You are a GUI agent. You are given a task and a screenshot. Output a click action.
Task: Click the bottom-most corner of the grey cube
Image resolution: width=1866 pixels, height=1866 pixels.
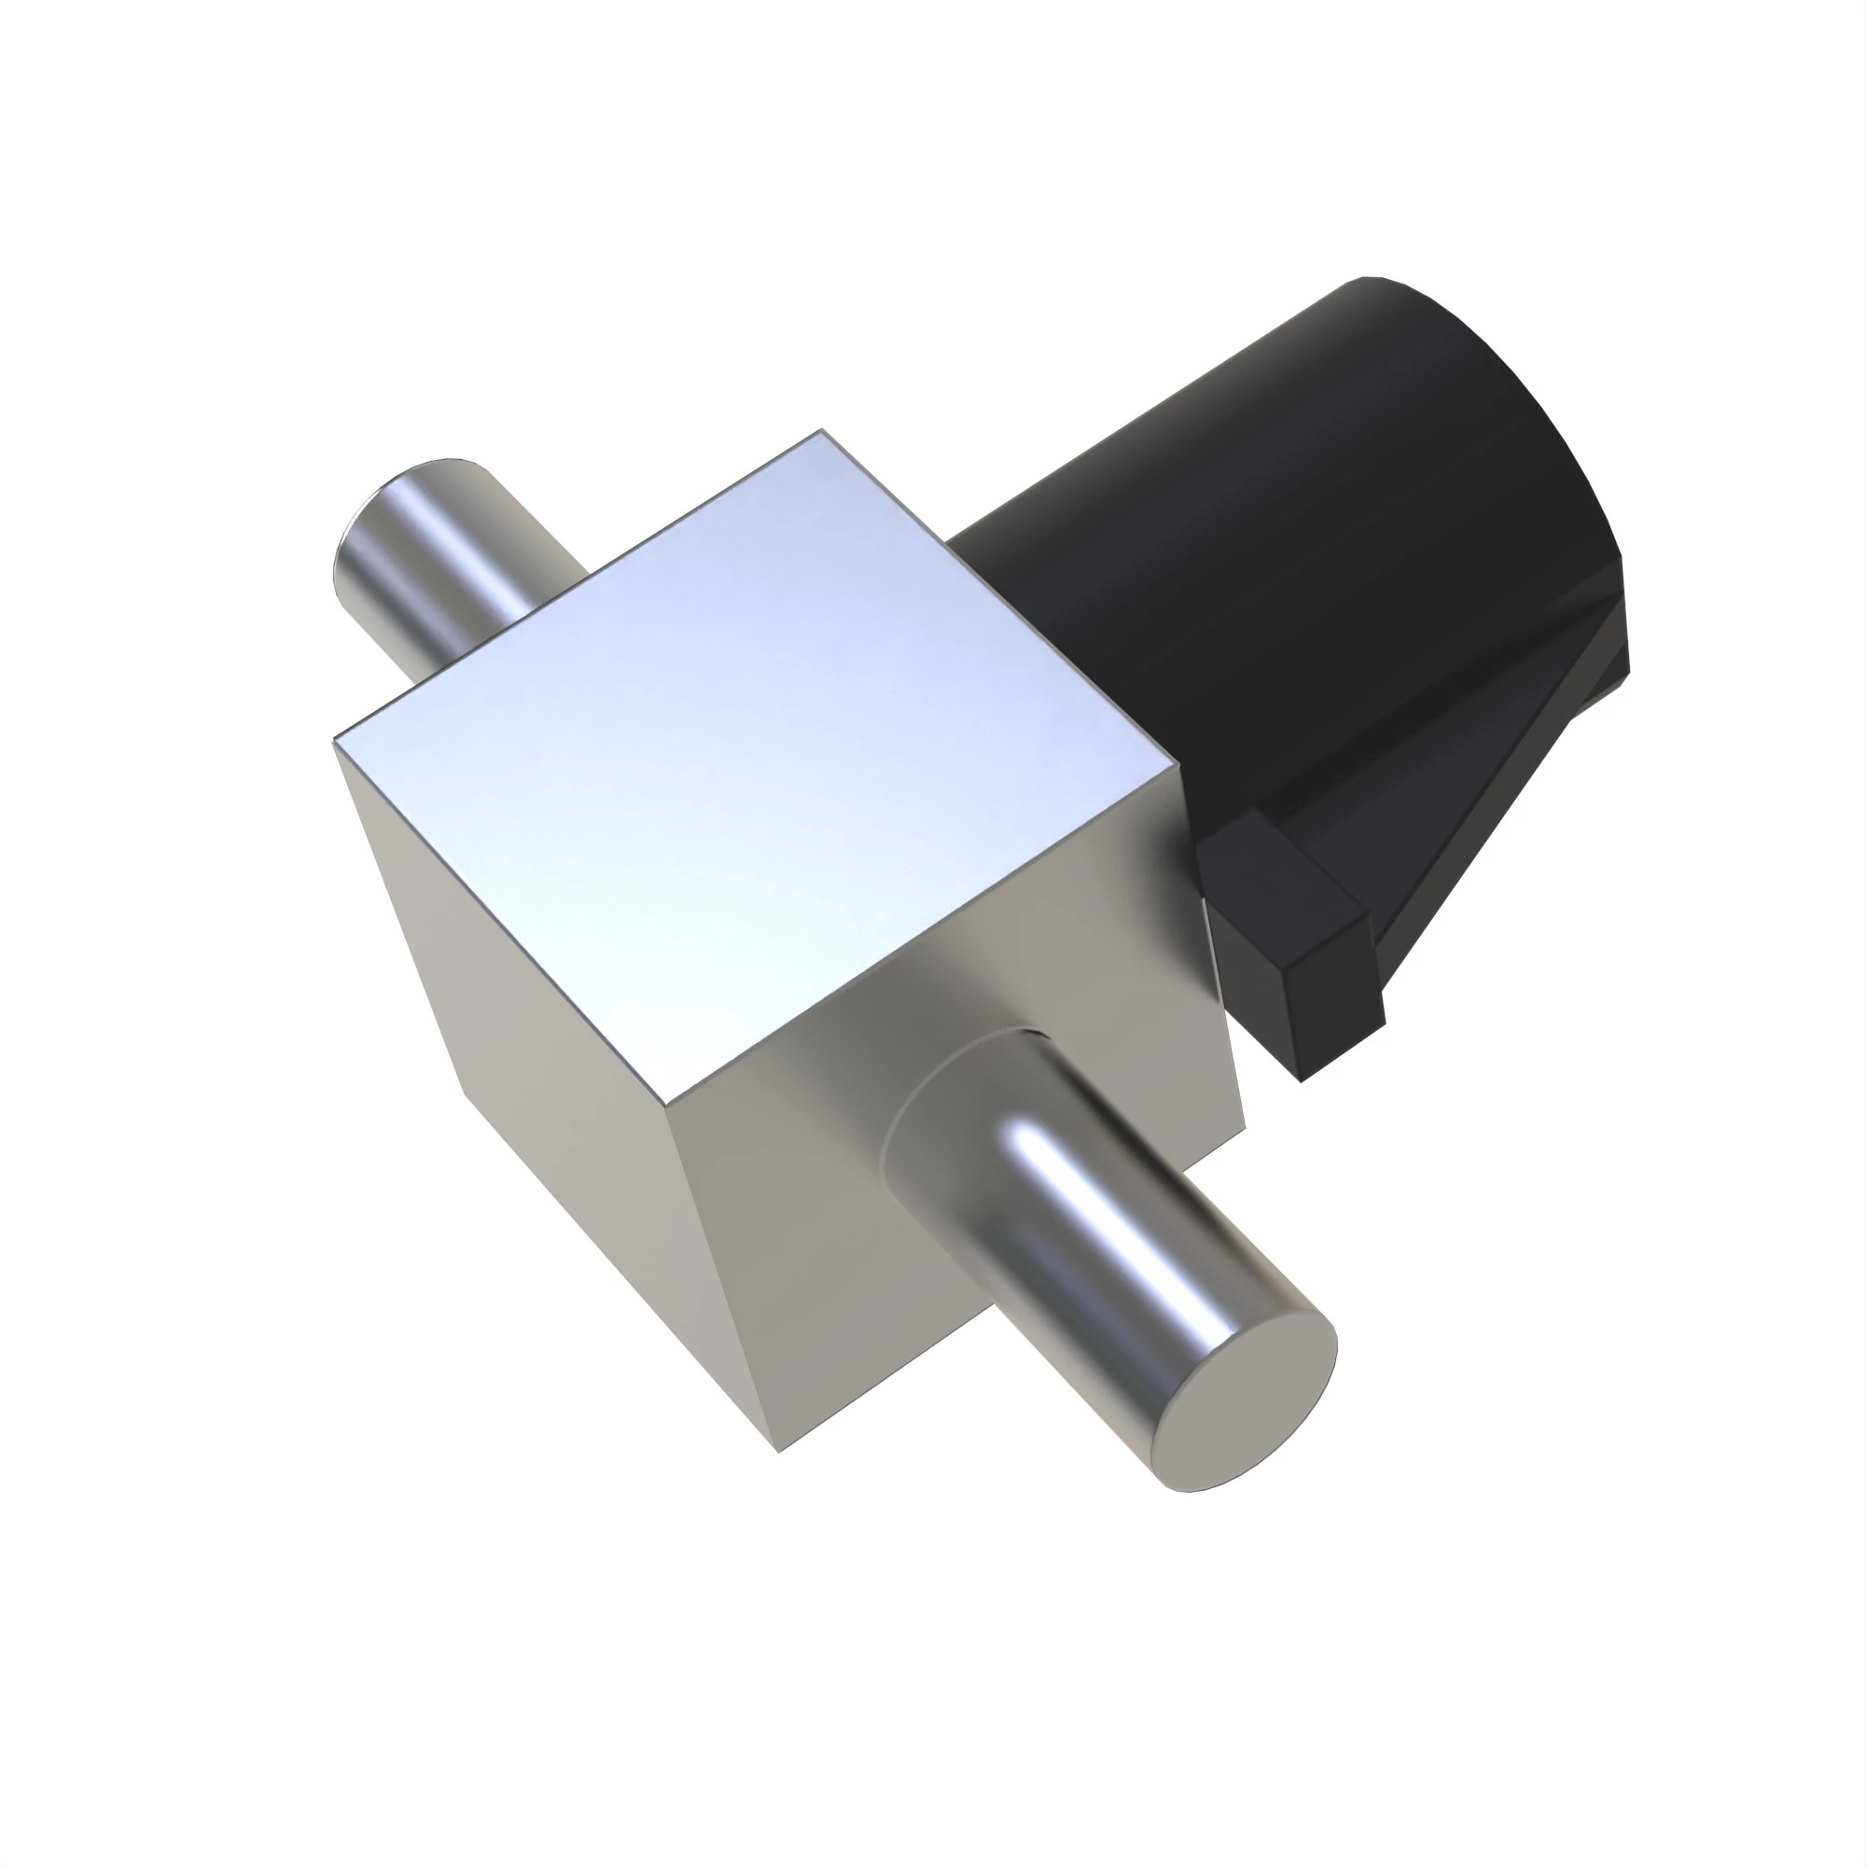(778, 1450)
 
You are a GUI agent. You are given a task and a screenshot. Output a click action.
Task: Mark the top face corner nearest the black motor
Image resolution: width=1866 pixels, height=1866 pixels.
(1178, 768)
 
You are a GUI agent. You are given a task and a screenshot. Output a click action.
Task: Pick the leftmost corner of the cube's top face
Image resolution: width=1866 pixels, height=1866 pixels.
(334, 742)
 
